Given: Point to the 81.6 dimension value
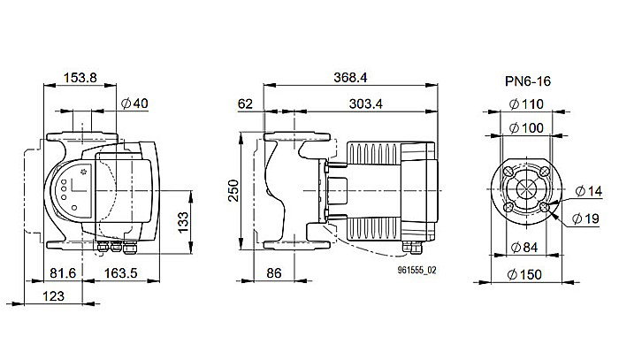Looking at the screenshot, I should pos(60,274).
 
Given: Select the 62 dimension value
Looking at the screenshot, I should pos(245,105).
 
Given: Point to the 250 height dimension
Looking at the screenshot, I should pos(233,190).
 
